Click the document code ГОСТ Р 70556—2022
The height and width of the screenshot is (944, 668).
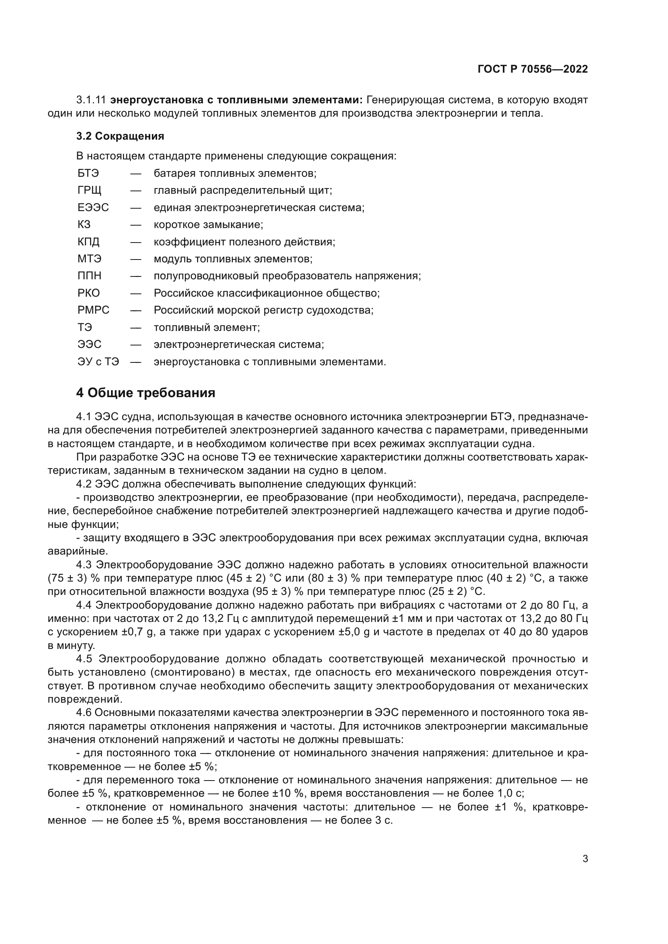coord(532,69)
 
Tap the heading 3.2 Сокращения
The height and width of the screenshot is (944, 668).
coord(120,136)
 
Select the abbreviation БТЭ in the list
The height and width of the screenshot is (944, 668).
coord(88,173)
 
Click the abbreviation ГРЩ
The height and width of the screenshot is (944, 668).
coord(89,190)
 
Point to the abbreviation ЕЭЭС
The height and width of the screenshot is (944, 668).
coord(93,207)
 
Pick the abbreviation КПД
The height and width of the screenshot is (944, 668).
coord(88,242)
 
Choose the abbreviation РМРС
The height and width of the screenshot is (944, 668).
coord(93,310)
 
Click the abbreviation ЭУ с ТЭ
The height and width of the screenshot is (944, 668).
coord(98,362)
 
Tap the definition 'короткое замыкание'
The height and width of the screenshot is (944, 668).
coord(208,224)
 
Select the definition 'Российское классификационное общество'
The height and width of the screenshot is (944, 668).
coord(267,293)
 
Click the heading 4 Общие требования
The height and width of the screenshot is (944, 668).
coord(146,393)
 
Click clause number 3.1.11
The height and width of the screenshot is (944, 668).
coord(91,100)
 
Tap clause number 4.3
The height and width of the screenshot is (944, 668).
coord(84,565)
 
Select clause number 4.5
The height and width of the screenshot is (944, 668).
coord(84,659)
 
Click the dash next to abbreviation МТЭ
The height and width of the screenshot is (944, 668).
coord(136,259)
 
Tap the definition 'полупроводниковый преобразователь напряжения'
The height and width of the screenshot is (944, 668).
coord(287,276)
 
